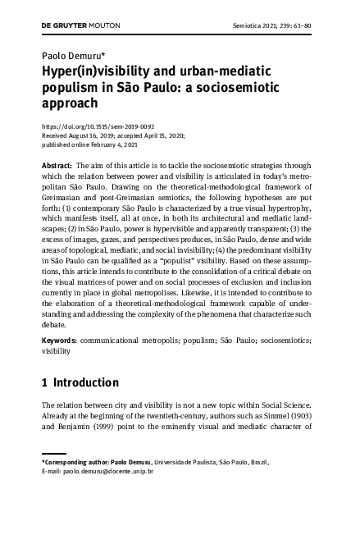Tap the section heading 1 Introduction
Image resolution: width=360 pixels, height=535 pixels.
click(80, 382)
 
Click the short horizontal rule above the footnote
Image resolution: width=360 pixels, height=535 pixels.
click(54, 452)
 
